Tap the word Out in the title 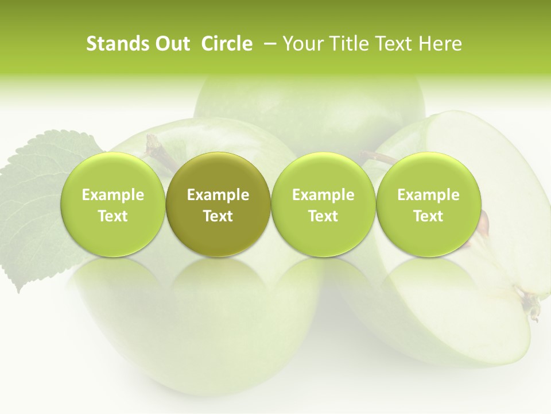(171, 44)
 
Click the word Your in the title (302, 44)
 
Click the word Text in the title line (393, 44)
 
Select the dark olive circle (218, 205)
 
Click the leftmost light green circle (113, 205)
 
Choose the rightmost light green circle (428, 205)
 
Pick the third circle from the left (323, 205)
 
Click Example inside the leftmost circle (113, 195)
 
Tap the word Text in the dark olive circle (218, 216)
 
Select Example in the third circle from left (323, 195)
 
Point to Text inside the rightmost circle (428, 216)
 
